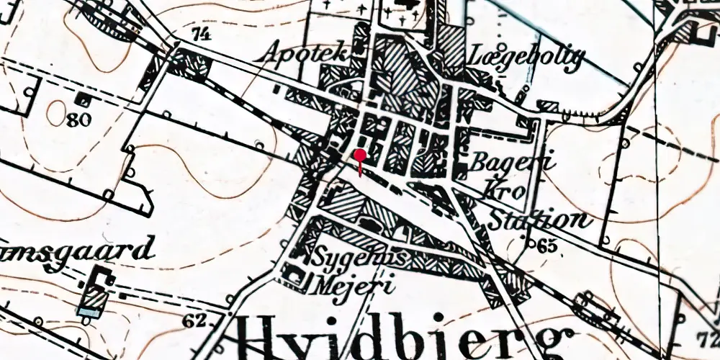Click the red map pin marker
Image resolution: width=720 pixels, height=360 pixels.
coord(360,156)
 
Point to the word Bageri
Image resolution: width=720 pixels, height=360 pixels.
coord(512,163)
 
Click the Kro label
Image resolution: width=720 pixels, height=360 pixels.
coord(508,190)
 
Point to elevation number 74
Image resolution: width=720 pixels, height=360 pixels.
coord(203,33)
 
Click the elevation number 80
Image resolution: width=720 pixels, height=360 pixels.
coord(79,120)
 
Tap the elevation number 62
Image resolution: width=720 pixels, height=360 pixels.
coord(194,320)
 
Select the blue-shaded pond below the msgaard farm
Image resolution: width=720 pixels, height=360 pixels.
coord(89,312)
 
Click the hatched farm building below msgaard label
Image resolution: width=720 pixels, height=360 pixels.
coord(94,295)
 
